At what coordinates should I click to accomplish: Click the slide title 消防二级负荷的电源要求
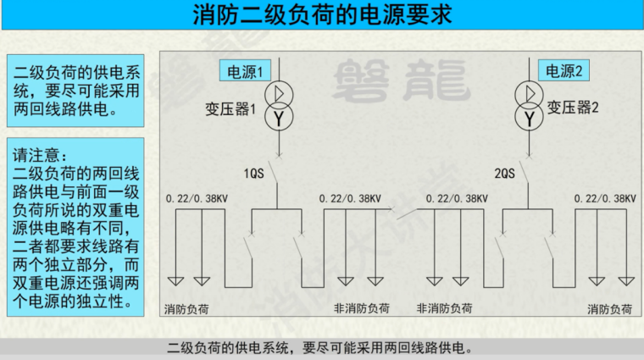point(322,14)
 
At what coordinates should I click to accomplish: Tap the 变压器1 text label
point(230,109)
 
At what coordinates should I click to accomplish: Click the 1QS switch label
point(254,174)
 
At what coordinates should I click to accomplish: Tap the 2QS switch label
point(505,174)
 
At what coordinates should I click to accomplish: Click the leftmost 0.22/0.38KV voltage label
point(197,198)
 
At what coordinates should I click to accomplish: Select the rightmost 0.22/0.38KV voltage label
point(605,198)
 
